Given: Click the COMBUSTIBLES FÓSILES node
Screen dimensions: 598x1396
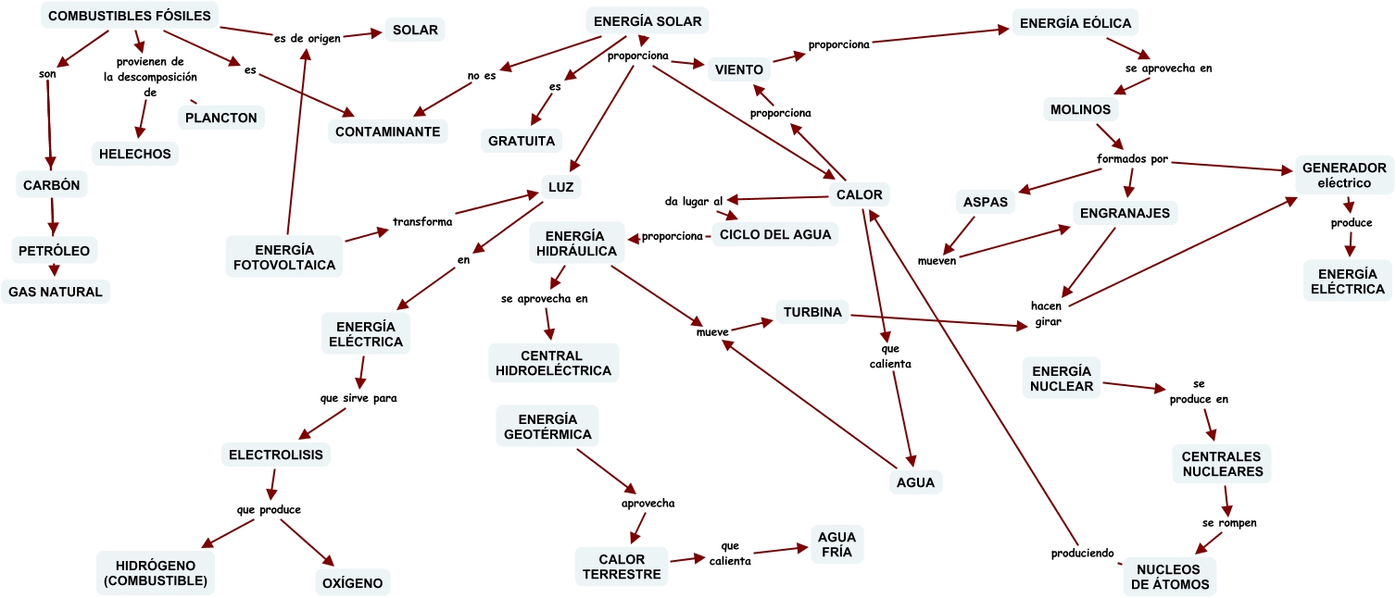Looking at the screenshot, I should coord(130,16).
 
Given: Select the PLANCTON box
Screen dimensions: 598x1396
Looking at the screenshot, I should coord(220,118).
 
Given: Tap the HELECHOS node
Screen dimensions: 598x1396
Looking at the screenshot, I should coord(135,154).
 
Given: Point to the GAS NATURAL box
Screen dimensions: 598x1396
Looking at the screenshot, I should coord(56,291).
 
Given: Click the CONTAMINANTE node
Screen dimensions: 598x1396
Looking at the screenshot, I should coord(387,131).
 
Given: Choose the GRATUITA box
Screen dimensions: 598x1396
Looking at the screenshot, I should coord(522,141).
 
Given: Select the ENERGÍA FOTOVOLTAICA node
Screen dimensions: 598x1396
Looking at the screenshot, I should coord(283,257).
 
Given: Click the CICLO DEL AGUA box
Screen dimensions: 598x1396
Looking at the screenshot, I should coord(776,233).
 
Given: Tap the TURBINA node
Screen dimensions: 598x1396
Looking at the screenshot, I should coord(811,312).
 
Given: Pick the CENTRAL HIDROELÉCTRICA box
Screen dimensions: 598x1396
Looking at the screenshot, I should coord(554,363).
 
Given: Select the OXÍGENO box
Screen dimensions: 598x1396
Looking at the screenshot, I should coord(351,583).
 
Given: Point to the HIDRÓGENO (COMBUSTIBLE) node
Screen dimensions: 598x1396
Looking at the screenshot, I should coord(154,574).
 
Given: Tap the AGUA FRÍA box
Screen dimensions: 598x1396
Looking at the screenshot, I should coord(837,544).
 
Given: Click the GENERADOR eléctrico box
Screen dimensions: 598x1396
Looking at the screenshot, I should coord(1344,175).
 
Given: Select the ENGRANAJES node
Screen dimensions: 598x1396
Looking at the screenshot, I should coord(1125,213).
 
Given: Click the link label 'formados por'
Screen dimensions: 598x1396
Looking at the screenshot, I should coord(1132,158).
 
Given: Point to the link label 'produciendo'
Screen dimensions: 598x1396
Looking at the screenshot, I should coord(1081,554).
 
